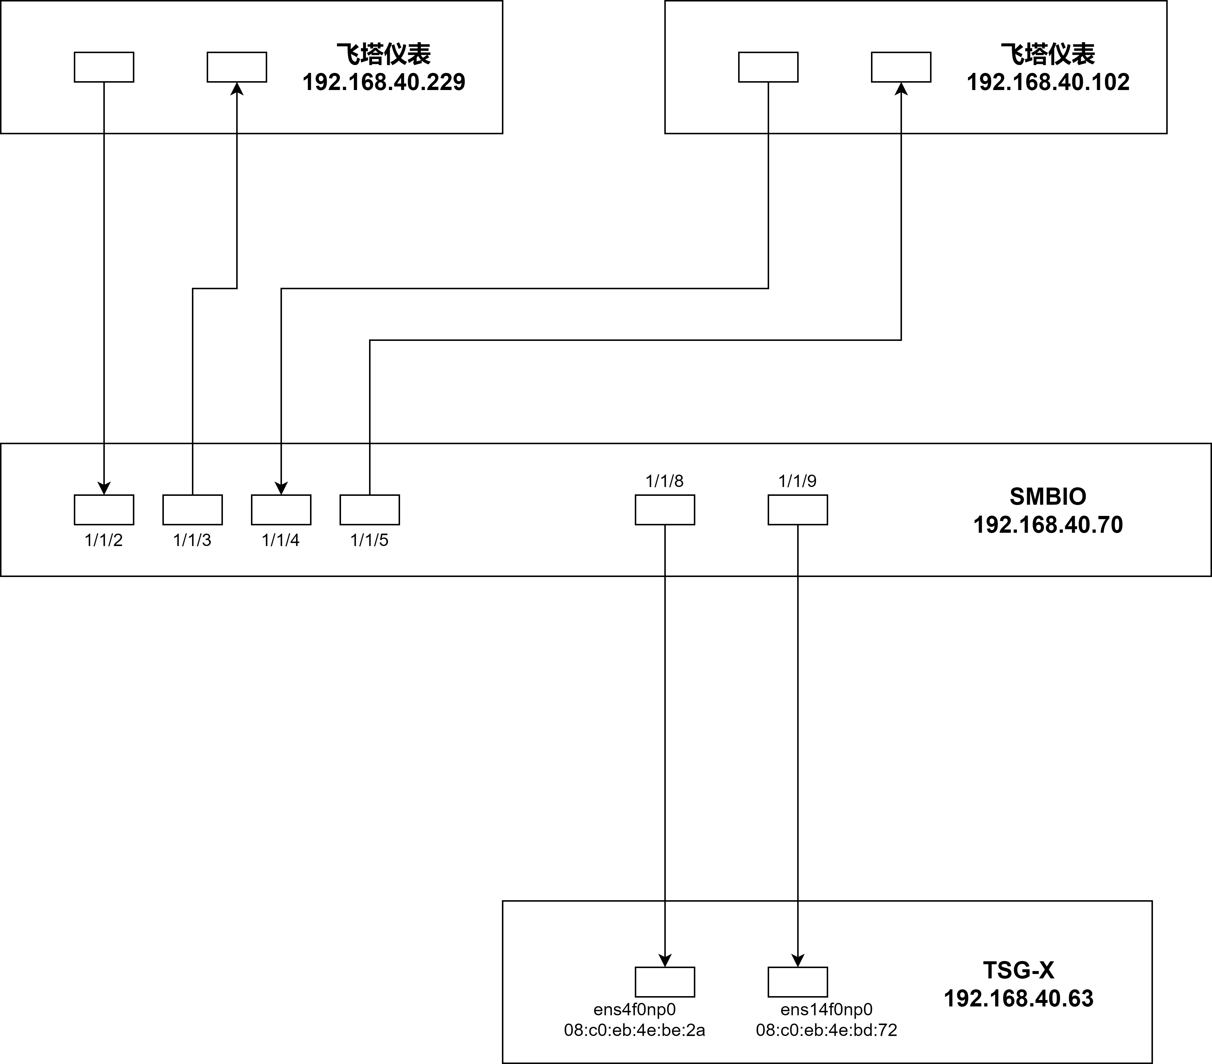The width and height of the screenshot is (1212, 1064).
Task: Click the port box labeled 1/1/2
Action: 104,510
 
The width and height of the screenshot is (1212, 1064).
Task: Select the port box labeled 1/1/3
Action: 193,510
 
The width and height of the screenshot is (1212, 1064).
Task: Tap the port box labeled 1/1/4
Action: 281,510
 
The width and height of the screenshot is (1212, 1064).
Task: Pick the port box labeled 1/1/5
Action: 369,510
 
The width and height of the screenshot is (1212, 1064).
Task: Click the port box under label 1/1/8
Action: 665,510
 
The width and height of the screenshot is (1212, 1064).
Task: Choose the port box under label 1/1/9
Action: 797,510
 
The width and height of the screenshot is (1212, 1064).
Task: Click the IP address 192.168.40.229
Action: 384,82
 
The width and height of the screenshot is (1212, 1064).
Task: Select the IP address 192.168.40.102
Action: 1048,82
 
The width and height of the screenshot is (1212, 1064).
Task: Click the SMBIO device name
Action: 1048,496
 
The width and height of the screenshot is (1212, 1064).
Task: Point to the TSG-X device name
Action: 1018,970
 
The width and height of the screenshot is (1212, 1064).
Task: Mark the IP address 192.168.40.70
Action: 1048,524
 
